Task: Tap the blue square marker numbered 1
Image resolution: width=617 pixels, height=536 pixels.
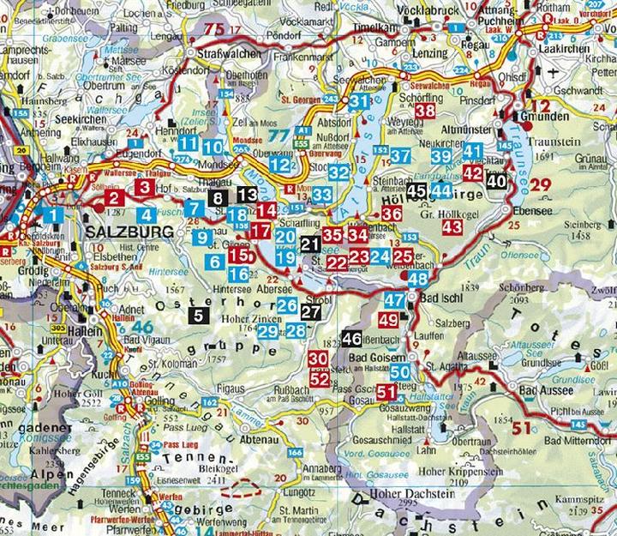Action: pyautogui.click(x=52, y=215)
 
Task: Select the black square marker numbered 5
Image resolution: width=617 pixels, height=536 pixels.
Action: pyautogui.click(x=199, y=315)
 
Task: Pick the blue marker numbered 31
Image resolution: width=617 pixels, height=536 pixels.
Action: pyautogui.click(x=359, y=102)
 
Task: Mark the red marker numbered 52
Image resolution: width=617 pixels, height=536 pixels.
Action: pyautogui.click(x=320, y=377)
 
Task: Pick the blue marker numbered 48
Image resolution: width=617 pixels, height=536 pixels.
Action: pyautogui.click(x=417, y=279)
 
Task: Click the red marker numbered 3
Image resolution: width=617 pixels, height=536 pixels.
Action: pyautogui.click(x=145, y=187)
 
